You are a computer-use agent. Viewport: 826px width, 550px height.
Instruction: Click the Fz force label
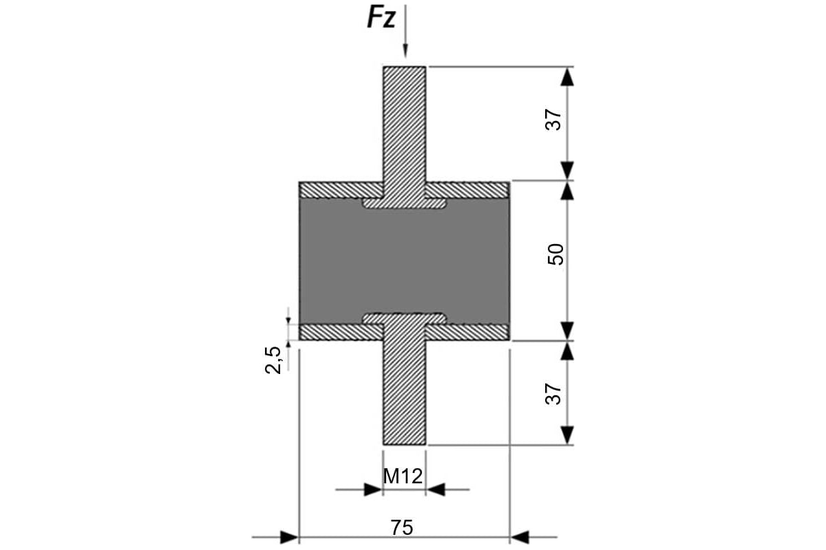pyautogui.click(x=381, y=19)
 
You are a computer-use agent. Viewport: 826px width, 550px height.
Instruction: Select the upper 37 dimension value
pyautogui.click(x=555, y=120)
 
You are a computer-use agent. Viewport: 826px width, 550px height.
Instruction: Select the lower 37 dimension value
pyautogui.click(x=555, y=393)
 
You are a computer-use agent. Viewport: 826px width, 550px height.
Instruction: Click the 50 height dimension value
pyautogui.click(x=555, y=254)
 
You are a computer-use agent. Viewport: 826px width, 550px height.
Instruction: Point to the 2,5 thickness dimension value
pyautogui.click(x=273, y=359)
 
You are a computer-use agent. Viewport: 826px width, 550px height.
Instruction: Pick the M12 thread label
pyautogui.click(x=403, y=476)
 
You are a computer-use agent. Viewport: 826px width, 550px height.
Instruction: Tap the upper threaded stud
pyautogui.click(x=405, y=124)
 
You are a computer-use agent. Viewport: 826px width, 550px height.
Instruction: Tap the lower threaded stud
pyautogui.click(x=405, y=392)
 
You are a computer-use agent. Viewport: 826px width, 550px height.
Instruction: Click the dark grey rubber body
pyautogui.click(x=405, y=261)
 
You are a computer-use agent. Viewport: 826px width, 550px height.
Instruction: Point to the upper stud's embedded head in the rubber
pyautogui.click(x=405, y=203)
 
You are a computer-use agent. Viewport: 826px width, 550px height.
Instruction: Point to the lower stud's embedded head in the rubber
pyautogui.click(x=405, y=318)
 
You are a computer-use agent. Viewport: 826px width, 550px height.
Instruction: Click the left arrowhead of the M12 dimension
pyautogui.click(x=373, y=490)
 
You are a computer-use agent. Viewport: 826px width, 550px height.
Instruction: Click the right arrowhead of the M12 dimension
pyautogui.click(x=435, y=490)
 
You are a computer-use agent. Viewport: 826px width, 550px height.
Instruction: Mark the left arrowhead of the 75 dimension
pyautogui.click(x=290, y=536)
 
